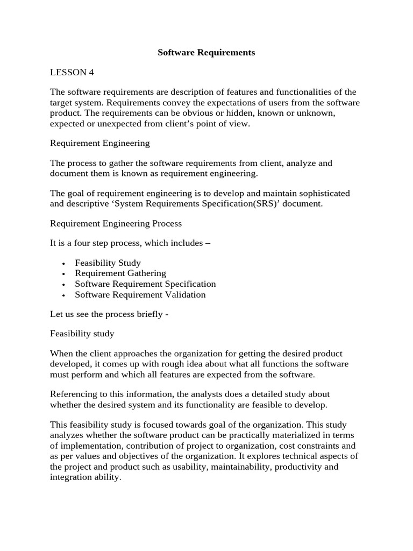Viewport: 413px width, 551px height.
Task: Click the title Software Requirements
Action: (206, 53)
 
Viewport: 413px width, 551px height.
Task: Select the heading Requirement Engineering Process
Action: (116, 223)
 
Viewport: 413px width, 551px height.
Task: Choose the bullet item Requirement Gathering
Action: (120, 273)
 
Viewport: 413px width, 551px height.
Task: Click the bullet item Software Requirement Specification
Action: (145, 284)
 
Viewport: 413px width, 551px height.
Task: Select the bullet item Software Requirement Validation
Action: (140, 294)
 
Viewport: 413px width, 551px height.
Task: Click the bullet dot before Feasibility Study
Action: (64, 264)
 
